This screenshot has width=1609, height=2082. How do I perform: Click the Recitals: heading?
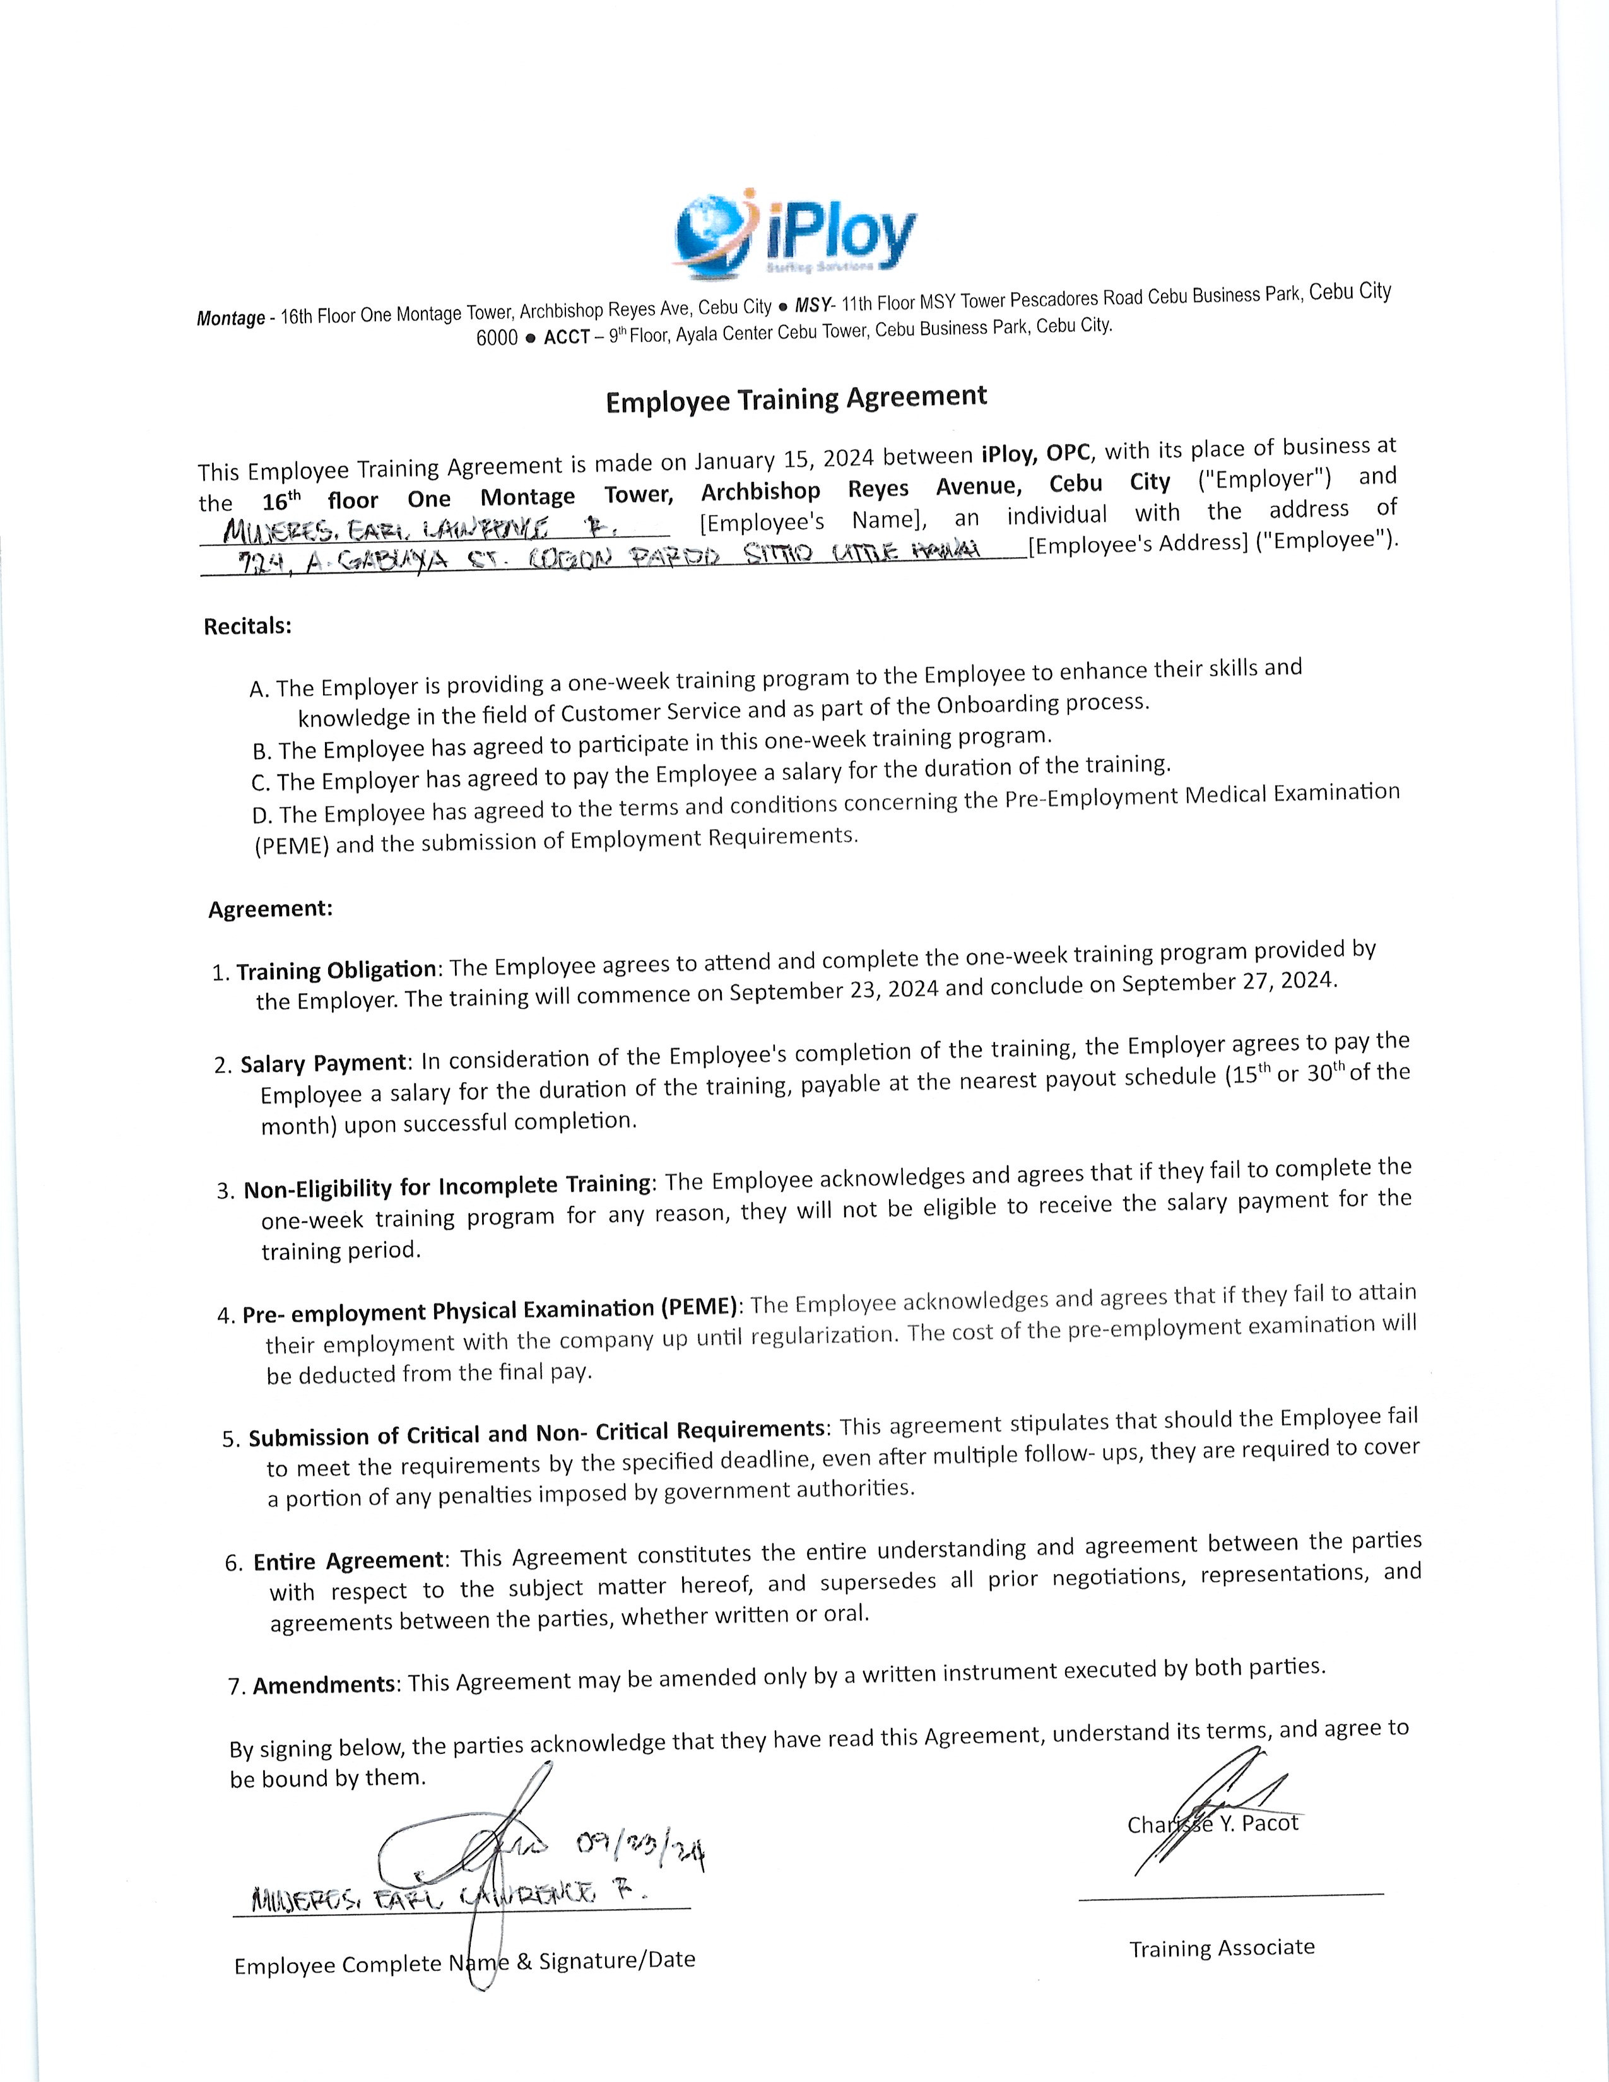coord(247,626)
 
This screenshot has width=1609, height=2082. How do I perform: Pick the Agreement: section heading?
coord(271,909)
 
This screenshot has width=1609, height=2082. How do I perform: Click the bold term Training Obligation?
coord(336,970)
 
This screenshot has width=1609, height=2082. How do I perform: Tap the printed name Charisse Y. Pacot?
coord(1213,1824)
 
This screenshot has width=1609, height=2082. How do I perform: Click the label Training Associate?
coord(1222,1948)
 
